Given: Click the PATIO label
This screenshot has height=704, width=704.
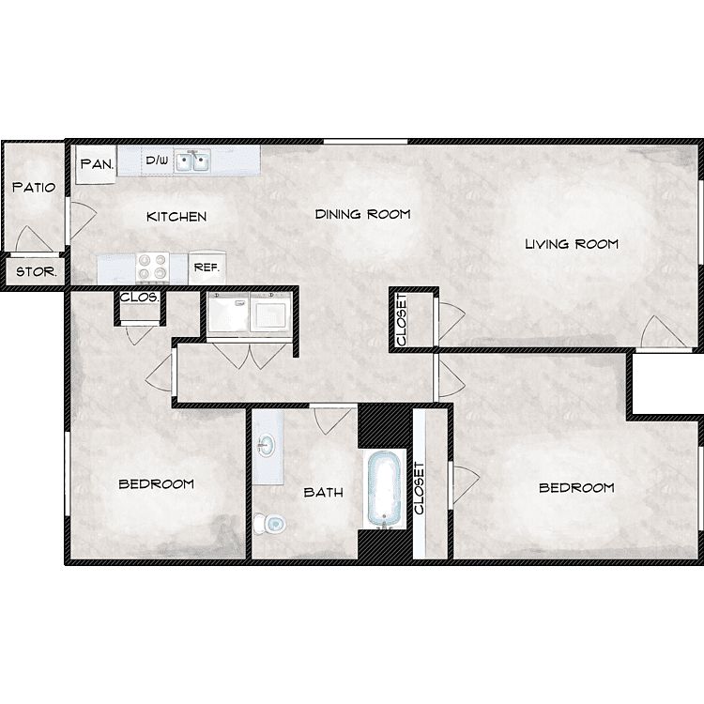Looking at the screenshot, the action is (34, 187).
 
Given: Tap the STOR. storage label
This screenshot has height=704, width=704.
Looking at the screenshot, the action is (37, 271).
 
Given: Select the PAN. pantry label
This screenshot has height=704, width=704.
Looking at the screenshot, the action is (97, 164).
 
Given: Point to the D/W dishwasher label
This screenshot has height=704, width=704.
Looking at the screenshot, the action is (157, 160).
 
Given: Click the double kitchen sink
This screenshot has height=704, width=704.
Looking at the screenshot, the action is (192, 161).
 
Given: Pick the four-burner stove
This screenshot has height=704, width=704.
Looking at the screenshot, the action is (153, 268).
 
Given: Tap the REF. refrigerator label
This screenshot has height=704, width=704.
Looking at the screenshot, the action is (207, 268).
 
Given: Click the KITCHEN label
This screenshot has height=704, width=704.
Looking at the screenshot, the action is (176, 217).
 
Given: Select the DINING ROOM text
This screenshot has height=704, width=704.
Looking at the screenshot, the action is (362, 214).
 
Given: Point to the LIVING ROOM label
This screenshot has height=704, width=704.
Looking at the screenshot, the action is (572, 244).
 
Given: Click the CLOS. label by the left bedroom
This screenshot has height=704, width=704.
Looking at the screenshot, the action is (139, 298).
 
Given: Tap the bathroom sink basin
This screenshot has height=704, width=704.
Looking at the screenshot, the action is (267, 445).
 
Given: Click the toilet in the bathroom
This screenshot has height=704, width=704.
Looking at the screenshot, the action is (269, 524).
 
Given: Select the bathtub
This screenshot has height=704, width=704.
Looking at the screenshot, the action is (384, 488).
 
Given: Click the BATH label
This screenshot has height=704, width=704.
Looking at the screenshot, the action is (323, 493).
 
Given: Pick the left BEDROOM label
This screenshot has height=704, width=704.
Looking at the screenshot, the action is (156, 484).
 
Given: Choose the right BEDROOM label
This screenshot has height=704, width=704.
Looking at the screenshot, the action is (576, 487).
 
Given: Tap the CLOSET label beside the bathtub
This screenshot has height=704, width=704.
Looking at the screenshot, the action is (419, 488).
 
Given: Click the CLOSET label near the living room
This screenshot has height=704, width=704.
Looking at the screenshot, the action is (402, 320).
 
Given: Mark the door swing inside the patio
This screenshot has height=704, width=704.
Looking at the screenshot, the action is (31, 238).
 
